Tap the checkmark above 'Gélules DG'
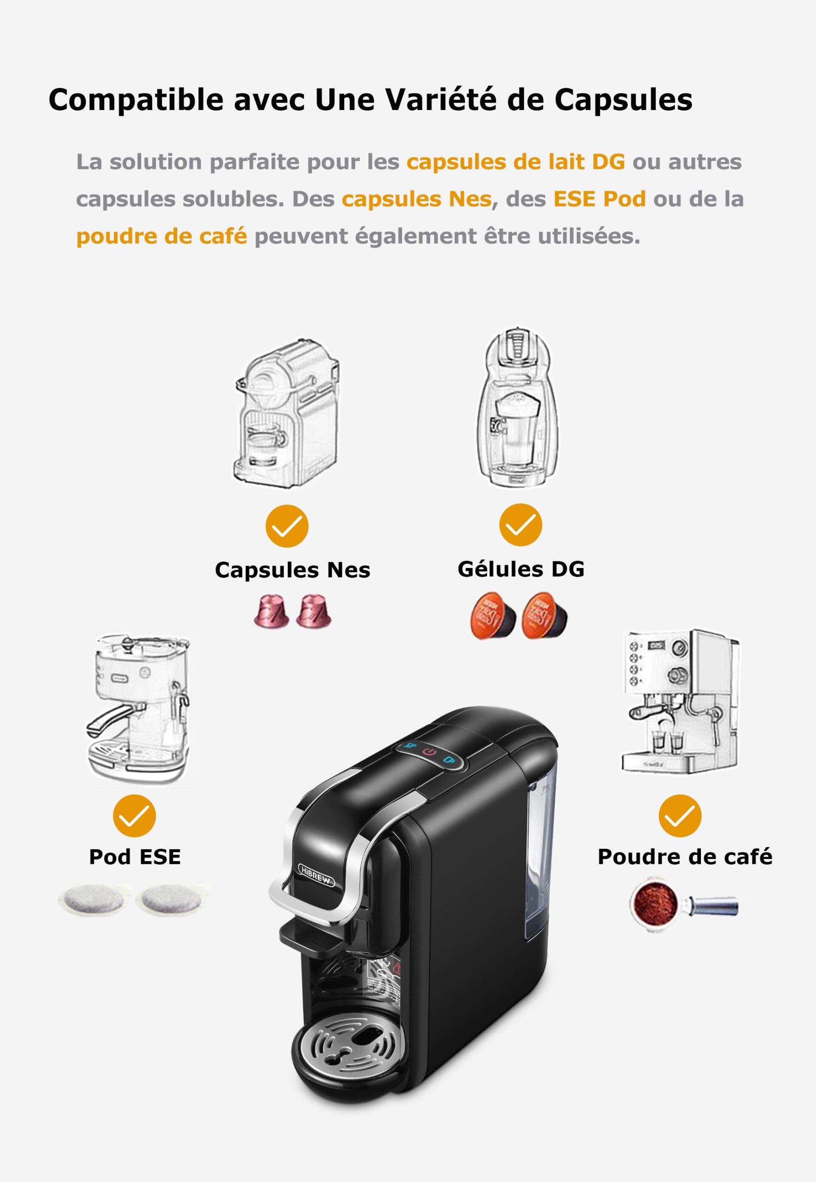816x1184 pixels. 520,525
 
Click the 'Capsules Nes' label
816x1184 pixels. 292,570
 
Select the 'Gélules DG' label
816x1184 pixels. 520,569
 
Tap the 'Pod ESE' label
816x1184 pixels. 135,857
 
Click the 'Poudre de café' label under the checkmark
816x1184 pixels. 685,857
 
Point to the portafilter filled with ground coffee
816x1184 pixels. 656,906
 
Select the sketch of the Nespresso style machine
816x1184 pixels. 286,414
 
